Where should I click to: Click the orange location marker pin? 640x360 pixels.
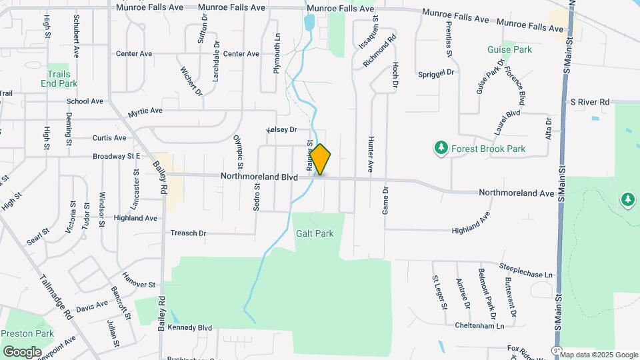pos(321,160)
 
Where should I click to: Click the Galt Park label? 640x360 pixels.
pos(315,233)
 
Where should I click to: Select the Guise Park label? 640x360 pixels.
pos(509,49)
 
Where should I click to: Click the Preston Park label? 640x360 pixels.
pos(27,333)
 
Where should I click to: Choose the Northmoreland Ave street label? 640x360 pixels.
pos(517,193)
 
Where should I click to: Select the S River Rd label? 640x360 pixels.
pos(590,102)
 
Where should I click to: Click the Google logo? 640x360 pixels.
pos(22,351)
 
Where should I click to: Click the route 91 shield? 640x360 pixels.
pos(556,350)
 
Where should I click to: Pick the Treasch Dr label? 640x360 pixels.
pos(189,233)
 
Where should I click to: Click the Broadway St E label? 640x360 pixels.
pos(116,156)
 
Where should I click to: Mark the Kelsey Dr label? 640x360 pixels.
pos(281,129)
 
